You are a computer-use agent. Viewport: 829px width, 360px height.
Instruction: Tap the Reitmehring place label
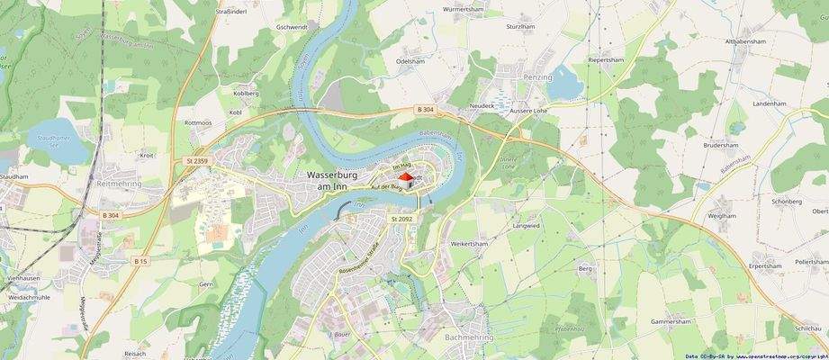pos(120,184)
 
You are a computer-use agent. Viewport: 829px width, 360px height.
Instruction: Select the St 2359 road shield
pos(196,160)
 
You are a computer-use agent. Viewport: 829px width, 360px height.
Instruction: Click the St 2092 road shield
pos(401,219)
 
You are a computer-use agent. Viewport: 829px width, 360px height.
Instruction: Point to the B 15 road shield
pos(140,261)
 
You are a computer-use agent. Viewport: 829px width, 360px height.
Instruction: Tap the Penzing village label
pos(536,79)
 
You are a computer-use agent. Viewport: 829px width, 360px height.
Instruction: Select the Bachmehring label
pos(468,338)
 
